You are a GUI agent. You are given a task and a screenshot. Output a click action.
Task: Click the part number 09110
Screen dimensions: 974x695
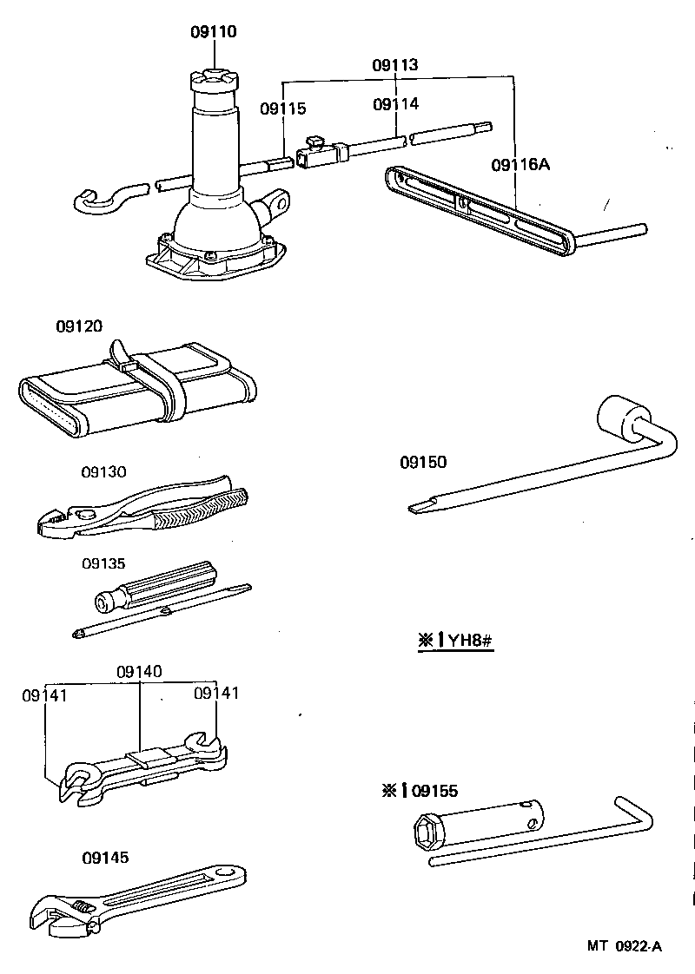point(214,33)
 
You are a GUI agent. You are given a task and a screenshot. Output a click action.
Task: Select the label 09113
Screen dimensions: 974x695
point(395,65)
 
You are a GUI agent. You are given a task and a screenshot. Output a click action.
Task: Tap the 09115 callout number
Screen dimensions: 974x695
point(283,109)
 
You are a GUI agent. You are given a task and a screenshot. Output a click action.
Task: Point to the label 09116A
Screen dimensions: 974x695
point(521,164)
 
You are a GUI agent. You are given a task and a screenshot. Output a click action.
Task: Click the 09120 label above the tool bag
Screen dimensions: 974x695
point(79,326)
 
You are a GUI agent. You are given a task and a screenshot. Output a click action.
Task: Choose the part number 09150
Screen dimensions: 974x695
point(423,463)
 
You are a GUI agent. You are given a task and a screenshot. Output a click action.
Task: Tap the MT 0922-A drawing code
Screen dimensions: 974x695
point(624,946)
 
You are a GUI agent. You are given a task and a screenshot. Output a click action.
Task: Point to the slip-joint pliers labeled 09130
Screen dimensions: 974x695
point(139,512)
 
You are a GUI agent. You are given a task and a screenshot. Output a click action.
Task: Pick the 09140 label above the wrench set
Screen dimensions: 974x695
point(140,672)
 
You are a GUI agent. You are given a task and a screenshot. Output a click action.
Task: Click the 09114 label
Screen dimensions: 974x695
point(395,104)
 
